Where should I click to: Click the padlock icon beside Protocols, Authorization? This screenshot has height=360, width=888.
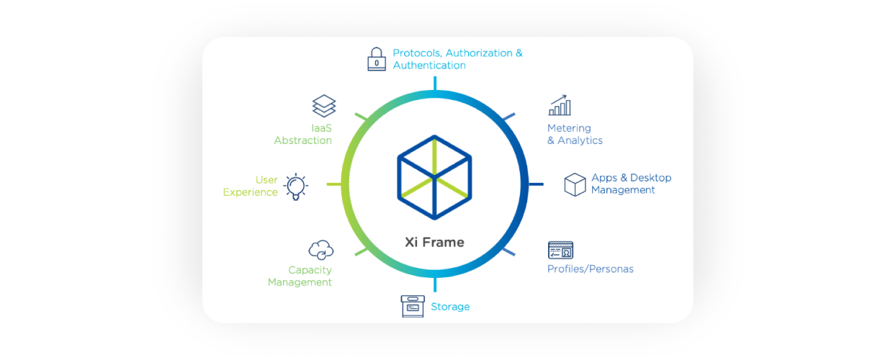377,59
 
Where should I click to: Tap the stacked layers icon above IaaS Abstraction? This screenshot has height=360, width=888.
324,106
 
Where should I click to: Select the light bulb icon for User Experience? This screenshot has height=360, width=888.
295,186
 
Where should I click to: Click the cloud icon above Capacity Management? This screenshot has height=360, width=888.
320,250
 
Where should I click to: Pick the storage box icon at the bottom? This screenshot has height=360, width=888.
413,306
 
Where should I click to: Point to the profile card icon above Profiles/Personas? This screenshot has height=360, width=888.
560,250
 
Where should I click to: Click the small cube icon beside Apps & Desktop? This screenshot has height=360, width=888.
575,184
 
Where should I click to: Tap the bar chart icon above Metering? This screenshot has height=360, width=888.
560,105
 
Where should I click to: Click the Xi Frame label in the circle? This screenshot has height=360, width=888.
434,242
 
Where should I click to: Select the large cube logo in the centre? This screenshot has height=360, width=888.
434,176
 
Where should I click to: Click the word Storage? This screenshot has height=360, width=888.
450,307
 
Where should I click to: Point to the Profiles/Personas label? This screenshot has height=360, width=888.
591,269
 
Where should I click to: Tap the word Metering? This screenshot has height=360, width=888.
569,128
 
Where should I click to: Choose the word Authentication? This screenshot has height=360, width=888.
429,66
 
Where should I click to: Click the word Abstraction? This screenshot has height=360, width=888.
302,140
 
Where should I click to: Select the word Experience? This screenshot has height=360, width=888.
250,192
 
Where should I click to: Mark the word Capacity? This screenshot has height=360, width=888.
310,270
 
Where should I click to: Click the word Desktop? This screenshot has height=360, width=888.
650,178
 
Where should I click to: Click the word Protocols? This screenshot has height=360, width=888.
416,53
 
